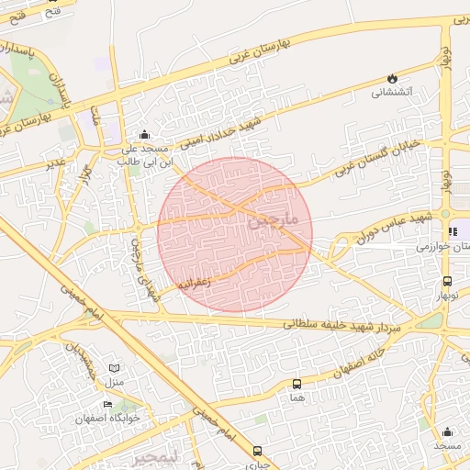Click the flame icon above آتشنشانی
(394, 79)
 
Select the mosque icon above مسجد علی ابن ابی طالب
(143, 135)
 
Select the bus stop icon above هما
(296, 384)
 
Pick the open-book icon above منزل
(115, 367)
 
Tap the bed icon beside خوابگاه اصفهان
(108, 404)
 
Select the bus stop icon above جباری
(257, 451)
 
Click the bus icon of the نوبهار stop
(447, 282)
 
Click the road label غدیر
(56, 162)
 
